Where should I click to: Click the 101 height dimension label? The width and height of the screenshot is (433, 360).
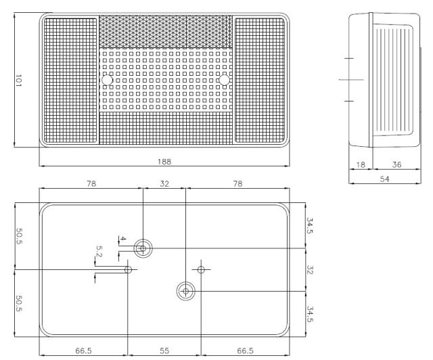coord(18,81)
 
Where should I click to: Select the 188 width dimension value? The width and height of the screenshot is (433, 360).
coord(164,162)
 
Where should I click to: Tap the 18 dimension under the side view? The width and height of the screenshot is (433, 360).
coord(361,164)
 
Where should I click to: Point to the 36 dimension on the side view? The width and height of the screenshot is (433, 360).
coord(396,164)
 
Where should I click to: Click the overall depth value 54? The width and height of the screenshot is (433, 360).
coord(384,179)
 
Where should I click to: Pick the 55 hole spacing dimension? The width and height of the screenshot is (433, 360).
coord(164,351)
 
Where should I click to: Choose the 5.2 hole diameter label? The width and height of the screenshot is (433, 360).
coord(99,251)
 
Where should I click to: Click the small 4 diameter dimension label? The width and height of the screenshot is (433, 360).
coord(123,239)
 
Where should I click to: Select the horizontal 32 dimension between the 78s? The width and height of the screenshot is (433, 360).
coord(164,184)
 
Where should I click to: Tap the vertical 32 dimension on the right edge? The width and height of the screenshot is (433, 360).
coord(310,270)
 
